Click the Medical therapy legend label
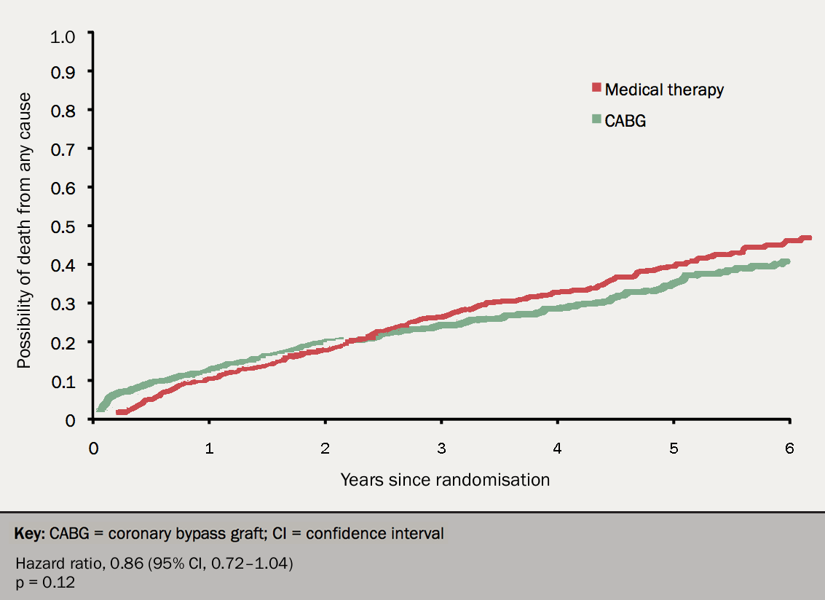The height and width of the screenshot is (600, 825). (664, 90)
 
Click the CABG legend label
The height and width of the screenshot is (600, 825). (625, 121)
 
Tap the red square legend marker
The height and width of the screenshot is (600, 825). (596, 88)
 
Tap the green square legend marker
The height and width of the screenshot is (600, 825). (596, 119)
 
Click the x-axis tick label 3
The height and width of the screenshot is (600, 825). (441, 449)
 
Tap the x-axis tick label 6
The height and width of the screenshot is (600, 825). (789, 449)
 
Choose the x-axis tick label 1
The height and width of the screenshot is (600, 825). (209, 449)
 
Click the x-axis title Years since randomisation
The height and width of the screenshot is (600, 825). (445, 480)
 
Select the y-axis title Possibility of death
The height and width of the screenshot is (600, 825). (24, 229)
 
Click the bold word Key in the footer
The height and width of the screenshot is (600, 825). (30, 533)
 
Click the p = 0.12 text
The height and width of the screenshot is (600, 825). (44, 582)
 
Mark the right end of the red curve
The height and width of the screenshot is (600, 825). (809, 238)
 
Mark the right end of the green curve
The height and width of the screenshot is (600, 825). (788, 261)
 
